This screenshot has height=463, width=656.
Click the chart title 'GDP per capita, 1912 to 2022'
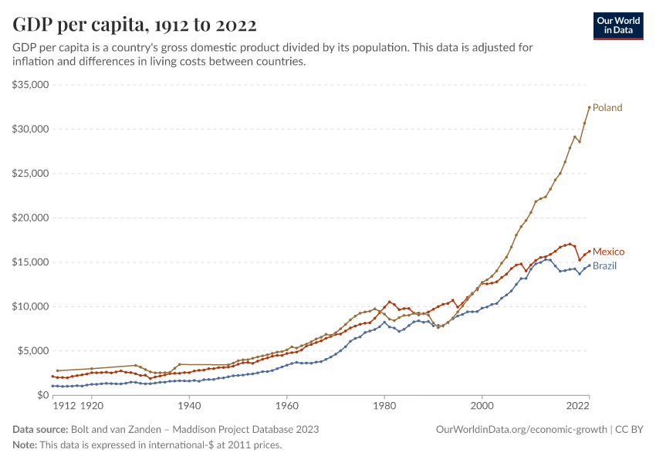click(134, 25)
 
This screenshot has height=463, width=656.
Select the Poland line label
click(607, 108)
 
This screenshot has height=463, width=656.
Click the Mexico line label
click(608, 252)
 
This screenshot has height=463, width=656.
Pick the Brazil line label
click(604, 266)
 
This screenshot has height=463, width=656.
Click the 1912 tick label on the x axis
click(64, 405)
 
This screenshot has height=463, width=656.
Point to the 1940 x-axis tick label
click(189, 405)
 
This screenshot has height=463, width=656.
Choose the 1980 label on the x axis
click(384, 405)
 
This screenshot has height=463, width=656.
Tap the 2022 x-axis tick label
click(578, 405)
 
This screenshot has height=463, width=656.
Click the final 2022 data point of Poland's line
click(590, 106)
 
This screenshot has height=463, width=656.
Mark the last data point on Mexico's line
click(590, 251)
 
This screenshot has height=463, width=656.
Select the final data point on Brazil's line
click(590, 265)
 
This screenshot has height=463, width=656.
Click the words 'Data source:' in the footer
click(39, 429)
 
